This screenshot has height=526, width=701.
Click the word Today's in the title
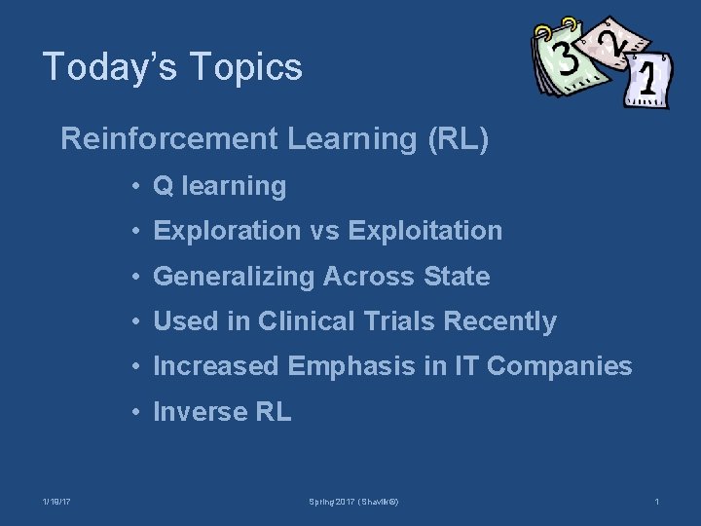click(x=104, y=67)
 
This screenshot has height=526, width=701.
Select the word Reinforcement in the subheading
click(x=169, y=139)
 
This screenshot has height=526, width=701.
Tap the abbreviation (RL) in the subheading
click(x=458, y=139)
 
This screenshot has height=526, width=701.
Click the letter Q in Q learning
click(x=163, y=186)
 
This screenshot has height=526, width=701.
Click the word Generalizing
click(x=235, y=277)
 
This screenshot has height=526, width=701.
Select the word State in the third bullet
click(x=457, y=277)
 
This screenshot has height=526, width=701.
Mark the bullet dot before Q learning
click(x=140, y=186)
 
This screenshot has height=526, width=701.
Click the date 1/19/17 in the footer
click(x=56, y=502)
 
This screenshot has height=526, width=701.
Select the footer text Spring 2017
click(x=332, y=502)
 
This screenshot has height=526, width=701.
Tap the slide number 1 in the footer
click(x=657, y=502)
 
